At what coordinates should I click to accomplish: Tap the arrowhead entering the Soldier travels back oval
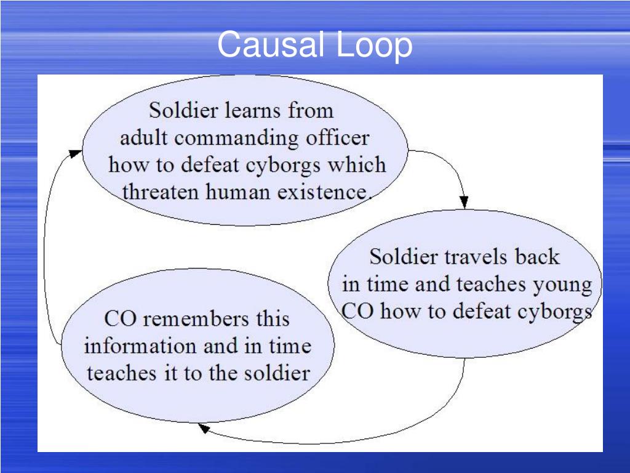pos(464,202)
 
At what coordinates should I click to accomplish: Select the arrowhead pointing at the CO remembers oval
pos(204,427)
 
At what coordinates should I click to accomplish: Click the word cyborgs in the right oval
pos(551,311)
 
